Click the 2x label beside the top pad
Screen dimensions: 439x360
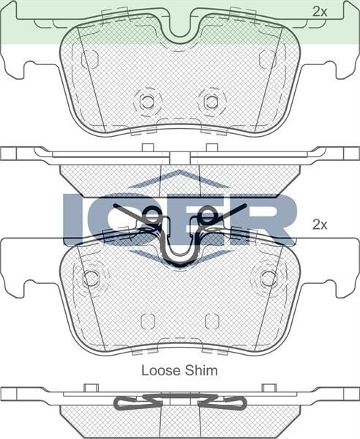pos(319,11)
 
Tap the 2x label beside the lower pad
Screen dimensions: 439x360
pos(319,225)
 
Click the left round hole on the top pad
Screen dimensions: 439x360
pos(147,102)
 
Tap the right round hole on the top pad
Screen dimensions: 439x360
pos(211,102)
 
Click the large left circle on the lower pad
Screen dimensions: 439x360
pos(91,278)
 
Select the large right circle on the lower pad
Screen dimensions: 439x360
pos(269,278)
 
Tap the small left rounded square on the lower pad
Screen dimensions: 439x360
pos(147,321)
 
